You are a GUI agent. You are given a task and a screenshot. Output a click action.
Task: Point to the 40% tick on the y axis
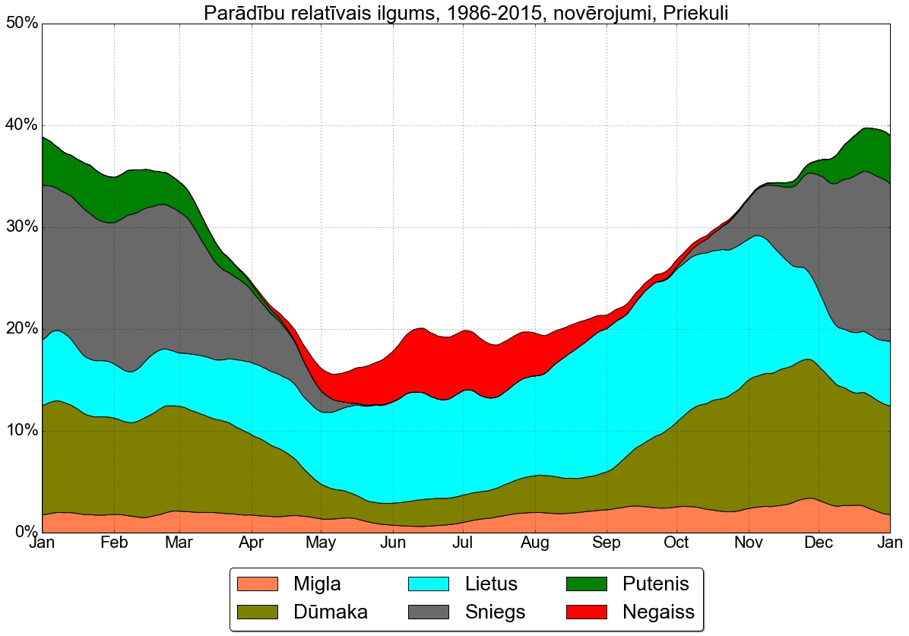22,125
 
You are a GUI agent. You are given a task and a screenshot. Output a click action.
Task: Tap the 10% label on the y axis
22,431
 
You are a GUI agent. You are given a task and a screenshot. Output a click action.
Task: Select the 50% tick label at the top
22,24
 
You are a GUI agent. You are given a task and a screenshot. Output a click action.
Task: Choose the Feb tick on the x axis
113,544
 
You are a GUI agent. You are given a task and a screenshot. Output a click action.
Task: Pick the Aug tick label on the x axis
535,544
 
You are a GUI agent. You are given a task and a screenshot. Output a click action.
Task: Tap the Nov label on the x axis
749,544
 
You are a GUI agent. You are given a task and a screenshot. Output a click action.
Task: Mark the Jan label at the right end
889,544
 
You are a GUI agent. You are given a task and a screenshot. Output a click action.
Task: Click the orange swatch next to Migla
258,584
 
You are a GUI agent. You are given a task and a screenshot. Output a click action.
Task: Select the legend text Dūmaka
331,612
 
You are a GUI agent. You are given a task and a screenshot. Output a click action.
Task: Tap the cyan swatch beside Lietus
429,584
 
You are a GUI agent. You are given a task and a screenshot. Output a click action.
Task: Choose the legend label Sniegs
495,612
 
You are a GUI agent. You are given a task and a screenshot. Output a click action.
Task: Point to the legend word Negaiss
658,612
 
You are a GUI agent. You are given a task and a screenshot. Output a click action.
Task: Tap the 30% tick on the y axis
22,227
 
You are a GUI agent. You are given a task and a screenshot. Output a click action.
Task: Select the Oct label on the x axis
676,544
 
